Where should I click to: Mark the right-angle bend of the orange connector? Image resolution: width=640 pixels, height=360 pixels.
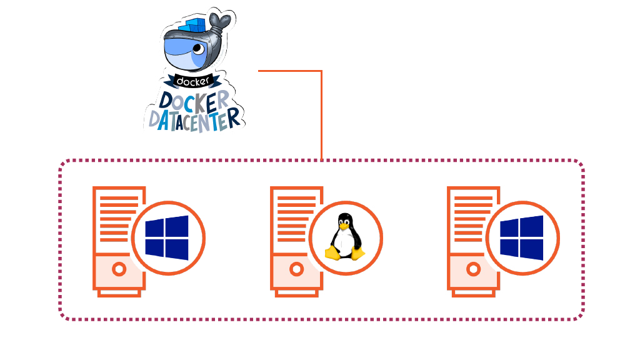(x=321, y=71)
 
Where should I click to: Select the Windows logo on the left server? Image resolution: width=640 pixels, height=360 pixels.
(x=167, y=237)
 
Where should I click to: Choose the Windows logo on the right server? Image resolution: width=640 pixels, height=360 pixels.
(x=522, y=237)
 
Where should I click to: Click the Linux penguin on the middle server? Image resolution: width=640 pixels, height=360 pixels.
(x=344, y=237)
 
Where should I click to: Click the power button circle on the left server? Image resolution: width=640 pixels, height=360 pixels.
(x=119, y=269)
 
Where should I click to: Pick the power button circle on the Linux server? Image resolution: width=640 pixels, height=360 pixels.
(x=296, y=269)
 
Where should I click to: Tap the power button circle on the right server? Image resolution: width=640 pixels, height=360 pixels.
(x=474, y=269)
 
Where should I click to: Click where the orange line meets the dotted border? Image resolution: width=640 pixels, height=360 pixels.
(x=321, y=160)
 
